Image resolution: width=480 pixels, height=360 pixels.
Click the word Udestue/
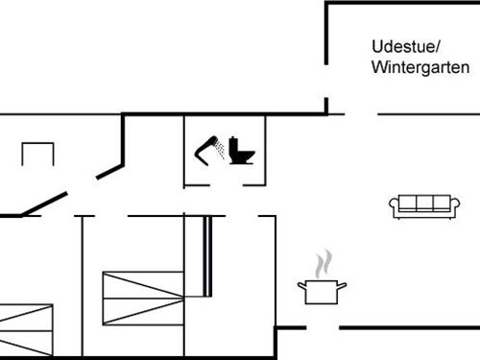(x=405, y=46)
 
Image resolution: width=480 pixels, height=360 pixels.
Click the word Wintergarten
(x=420, y=67)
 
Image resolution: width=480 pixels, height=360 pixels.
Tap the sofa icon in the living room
(x=420, y=204)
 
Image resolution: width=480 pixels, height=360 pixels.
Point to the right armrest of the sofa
(x=448, y=204)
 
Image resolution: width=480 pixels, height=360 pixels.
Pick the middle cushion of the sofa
(x=420, y=202)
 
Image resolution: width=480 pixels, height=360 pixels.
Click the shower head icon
(x=207, y=148)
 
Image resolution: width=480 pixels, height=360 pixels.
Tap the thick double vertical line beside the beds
(x=206, y=256)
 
